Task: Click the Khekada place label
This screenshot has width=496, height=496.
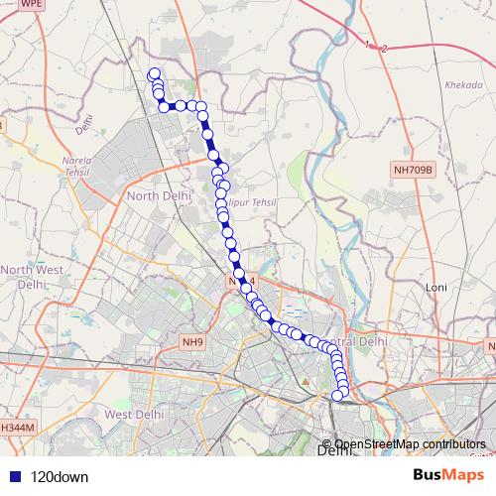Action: tap(464, 85)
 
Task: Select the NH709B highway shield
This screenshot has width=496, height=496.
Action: tap(413, 171)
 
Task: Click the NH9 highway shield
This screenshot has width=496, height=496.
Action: tap(191, 343)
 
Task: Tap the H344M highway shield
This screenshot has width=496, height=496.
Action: tap(17, 427)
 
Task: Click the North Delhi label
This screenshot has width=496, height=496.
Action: tap(158, 195)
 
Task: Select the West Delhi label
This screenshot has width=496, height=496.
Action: tap(133, 414)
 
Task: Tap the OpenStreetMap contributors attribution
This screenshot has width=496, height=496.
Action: tap(410, 443)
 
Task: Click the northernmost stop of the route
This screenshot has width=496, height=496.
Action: tap(154, 73)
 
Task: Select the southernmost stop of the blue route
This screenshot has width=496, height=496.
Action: tap(336, 396)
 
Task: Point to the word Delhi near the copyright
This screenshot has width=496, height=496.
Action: tap(333, 452)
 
